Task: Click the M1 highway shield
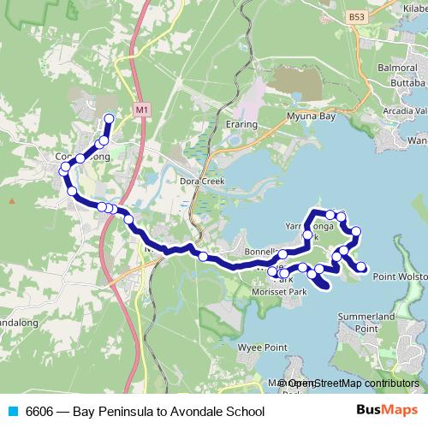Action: [x=141, y=110]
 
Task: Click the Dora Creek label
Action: [x=201, y=181]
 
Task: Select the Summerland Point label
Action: [x=366, y=322]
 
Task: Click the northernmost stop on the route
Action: [x=109, y=118]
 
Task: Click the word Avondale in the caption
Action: [x=192, y=412]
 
